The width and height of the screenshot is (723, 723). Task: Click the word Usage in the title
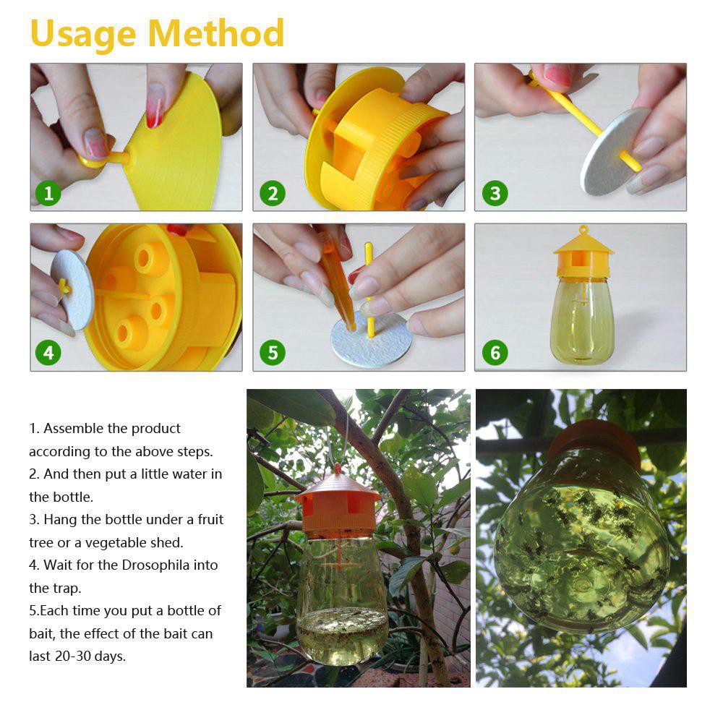point(83,35)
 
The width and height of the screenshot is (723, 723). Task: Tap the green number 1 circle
point(48,193)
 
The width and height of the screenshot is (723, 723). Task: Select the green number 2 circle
point(272,193)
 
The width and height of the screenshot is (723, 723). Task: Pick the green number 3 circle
point(495,193)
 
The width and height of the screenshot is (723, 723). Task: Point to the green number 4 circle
point(48,353)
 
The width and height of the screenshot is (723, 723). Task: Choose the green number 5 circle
point(272,353)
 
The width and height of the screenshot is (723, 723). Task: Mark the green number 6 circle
point(495,353)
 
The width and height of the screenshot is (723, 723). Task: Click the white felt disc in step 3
point(612,152)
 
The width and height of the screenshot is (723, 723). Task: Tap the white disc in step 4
point(73,290)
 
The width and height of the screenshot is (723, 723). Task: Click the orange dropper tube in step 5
point(338,282)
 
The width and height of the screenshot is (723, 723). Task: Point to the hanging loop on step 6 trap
point(583,229)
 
